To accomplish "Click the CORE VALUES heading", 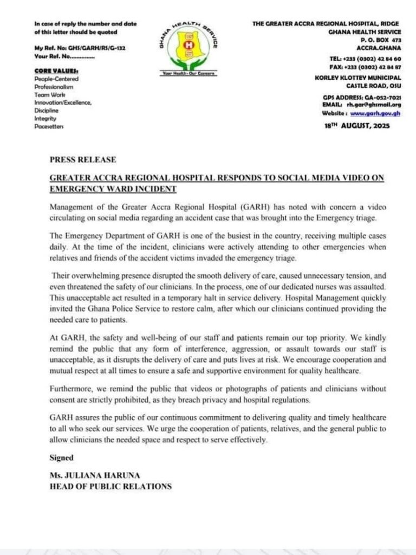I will click(56, 71).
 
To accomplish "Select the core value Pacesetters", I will click(49, 126).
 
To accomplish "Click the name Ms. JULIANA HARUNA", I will click(90, 476).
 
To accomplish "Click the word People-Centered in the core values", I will click(56, 79).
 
